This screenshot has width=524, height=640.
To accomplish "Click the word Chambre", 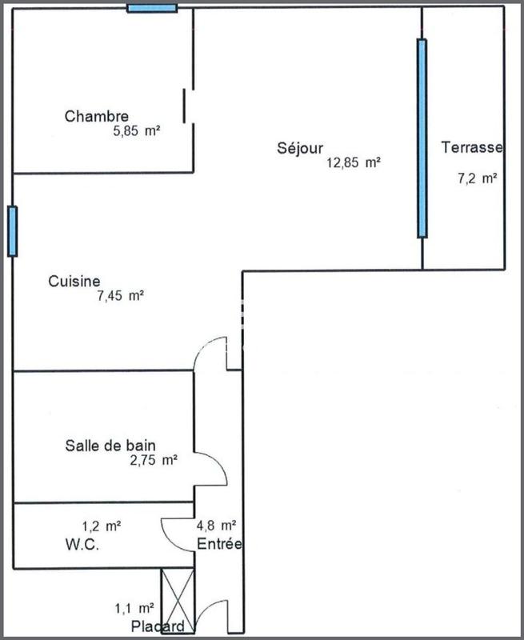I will [x=96, y=117].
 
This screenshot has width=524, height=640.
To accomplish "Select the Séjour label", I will [x=300, y=148].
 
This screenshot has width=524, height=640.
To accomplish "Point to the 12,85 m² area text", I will [x=352, y=162].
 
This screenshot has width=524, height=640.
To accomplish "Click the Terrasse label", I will [x=472, y=147].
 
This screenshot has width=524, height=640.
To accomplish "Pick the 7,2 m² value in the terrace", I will [x=478, y=178].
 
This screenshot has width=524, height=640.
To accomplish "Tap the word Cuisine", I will [x=74, y=281].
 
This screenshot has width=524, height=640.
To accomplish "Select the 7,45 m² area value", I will [x=120, y=296].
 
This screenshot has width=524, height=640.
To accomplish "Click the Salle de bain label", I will [x=110, y=446].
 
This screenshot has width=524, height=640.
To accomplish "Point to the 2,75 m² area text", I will [x=153, y=460].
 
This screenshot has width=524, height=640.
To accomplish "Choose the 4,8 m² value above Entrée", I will [x=216, y=526].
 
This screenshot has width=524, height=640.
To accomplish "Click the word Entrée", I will [x=220, y=544].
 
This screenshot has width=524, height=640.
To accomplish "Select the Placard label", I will [x=158, y=626].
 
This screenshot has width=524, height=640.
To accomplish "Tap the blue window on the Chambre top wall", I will [x=152, y=8].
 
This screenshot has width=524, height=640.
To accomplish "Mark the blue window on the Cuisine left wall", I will [x=12, y=231].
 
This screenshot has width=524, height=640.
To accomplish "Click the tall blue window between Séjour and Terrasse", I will [x=422, y=138].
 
